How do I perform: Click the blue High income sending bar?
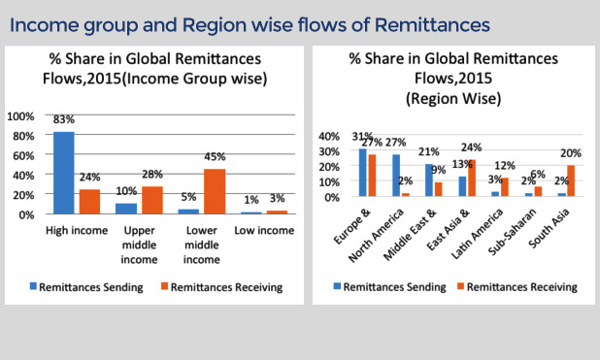pyautogui.click(x=64, y=172)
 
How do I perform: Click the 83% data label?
pyautogui.click(x=64, y=120)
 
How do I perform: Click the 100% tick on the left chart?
pyautogui.click(x=20, y=115)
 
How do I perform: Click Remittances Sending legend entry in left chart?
pyautogui.click(x=92, y=286)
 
